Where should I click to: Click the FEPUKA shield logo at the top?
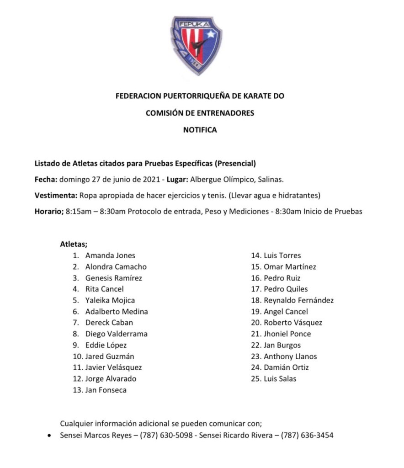click(197, 45)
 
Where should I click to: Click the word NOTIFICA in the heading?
click(200, 130)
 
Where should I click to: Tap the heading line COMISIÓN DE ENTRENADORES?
click(200, 113)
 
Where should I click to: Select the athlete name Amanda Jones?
click(110, 255)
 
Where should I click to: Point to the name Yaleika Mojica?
click(110, 300)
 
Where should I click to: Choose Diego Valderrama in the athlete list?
click(116, 334)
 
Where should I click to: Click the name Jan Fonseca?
click(106, 390)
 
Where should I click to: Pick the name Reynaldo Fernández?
click(298, 300)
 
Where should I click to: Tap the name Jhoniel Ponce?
click(287, 334)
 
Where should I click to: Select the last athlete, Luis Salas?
click(280, 378)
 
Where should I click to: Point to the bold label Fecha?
click(46, 180)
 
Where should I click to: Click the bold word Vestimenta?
click(56, 196)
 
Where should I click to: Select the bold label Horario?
click(49, 212)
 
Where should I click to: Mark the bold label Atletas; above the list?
click(74, 244)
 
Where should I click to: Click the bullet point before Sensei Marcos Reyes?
click(49, 436)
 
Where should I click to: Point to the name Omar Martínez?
click(290, 266)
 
